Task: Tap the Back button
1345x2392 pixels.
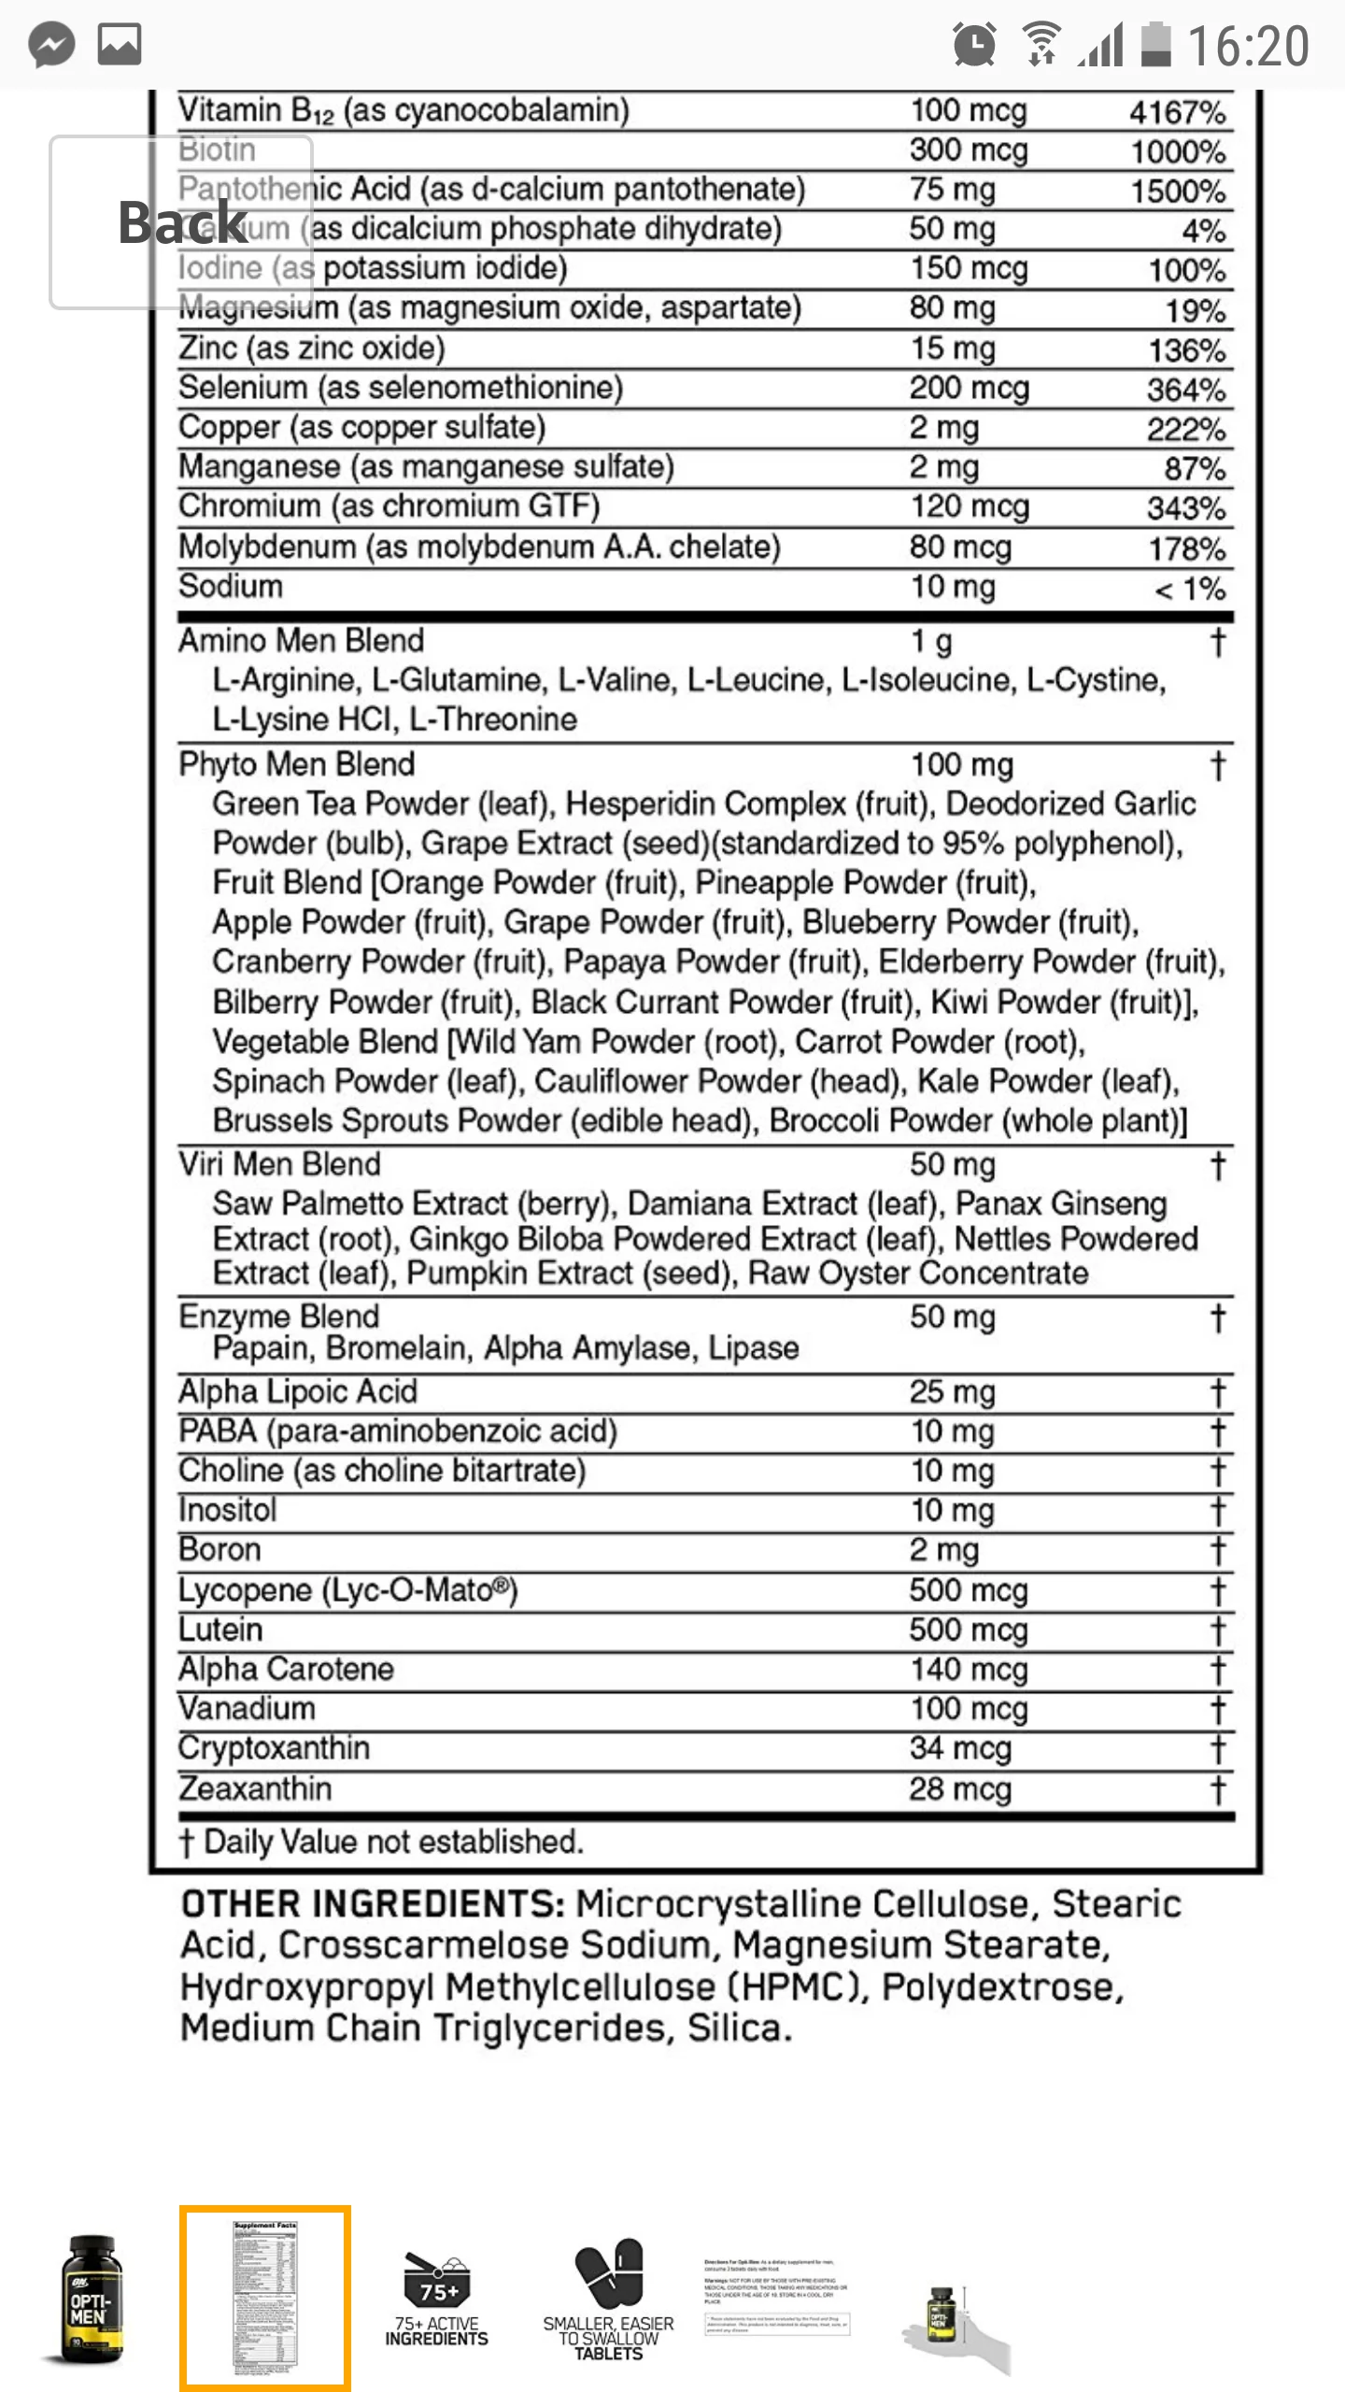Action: pyautogui.click(x=181, y=222)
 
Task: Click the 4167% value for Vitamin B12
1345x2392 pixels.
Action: pyautogui.click(x=1177, y=112)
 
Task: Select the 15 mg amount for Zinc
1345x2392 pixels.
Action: pyautogui.click(x=953, y=349)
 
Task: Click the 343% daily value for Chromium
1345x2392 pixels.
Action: pyautogui.click(x=1186, y=508)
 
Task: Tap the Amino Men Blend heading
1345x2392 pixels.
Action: pyautogui.click(x=301, y=641)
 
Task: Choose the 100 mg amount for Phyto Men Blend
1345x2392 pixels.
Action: pyautogui.click(x=961, y=765)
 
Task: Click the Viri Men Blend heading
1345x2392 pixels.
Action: pyautogui.click(x=279, y=1164)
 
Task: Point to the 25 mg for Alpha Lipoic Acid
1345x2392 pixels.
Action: pyautogui.click(x=953, y=1391)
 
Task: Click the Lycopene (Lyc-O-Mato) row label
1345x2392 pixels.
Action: pyautogui.click(x=347, y=1589)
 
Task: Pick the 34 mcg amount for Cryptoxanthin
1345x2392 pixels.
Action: pyautogui.click(x=960, y=1748)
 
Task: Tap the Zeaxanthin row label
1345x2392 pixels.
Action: pyautogui.click(x=254, y=1788)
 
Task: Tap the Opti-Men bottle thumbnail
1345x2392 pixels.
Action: pyautogui.click(x=92, y=2299)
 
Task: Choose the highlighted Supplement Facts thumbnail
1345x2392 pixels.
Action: pyautogui.click(x=265, y=2298)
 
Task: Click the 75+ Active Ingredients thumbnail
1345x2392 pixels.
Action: pyautogui.click(x=436, y=2299)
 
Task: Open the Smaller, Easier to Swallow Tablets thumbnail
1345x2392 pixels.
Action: pyautogui.click(x=608, y=2299)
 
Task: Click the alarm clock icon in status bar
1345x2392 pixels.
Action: pyautogui.click(x=973, y=45)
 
